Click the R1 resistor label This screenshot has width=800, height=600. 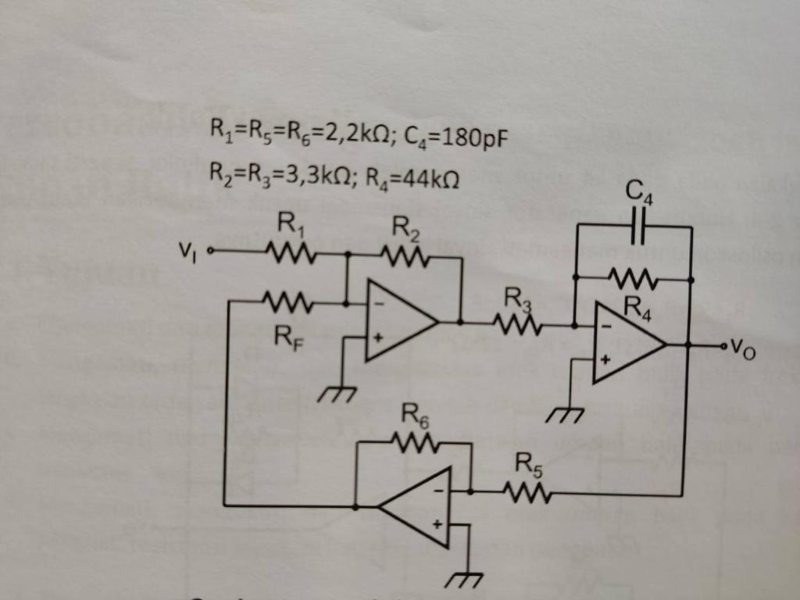click(287, 227)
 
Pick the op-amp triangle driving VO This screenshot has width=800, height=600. click(625, 345)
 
